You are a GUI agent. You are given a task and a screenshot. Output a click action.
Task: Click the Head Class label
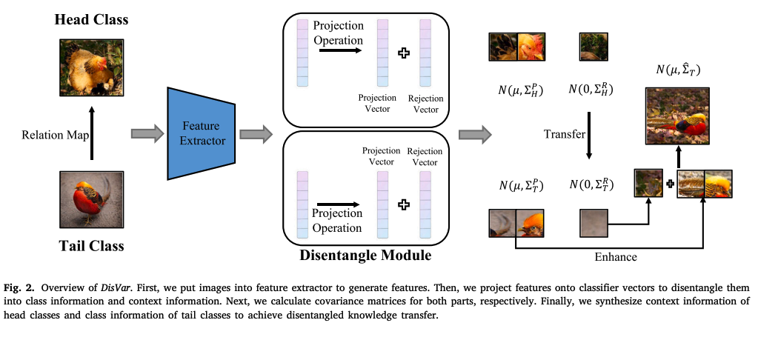(x=91, y=20)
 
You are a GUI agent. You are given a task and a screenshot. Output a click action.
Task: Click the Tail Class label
(x=91, y=245)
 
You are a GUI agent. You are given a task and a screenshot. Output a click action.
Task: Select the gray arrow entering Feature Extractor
(x=145, y=133)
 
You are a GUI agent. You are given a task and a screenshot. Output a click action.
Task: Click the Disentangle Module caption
(x=365, y=256)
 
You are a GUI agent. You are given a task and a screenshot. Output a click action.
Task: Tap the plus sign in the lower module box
(x=404, y=204)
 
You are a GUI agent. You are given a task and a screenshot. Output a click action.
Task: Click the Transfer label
(x=565, y=134)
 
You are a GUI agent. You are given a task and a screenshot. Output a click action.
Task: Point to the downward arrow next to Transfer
(x=588, y=135)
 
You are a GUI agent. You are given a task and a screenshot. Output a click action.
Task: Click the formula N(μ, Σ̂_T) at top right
(x=677, y=70)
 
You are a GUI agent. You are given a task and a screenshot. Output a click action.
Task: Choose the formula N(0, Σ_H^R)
(x=591, y=90)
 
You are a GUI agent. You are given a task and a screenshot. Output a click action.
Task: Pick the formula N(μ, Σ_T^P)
(x=521, y=185)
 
